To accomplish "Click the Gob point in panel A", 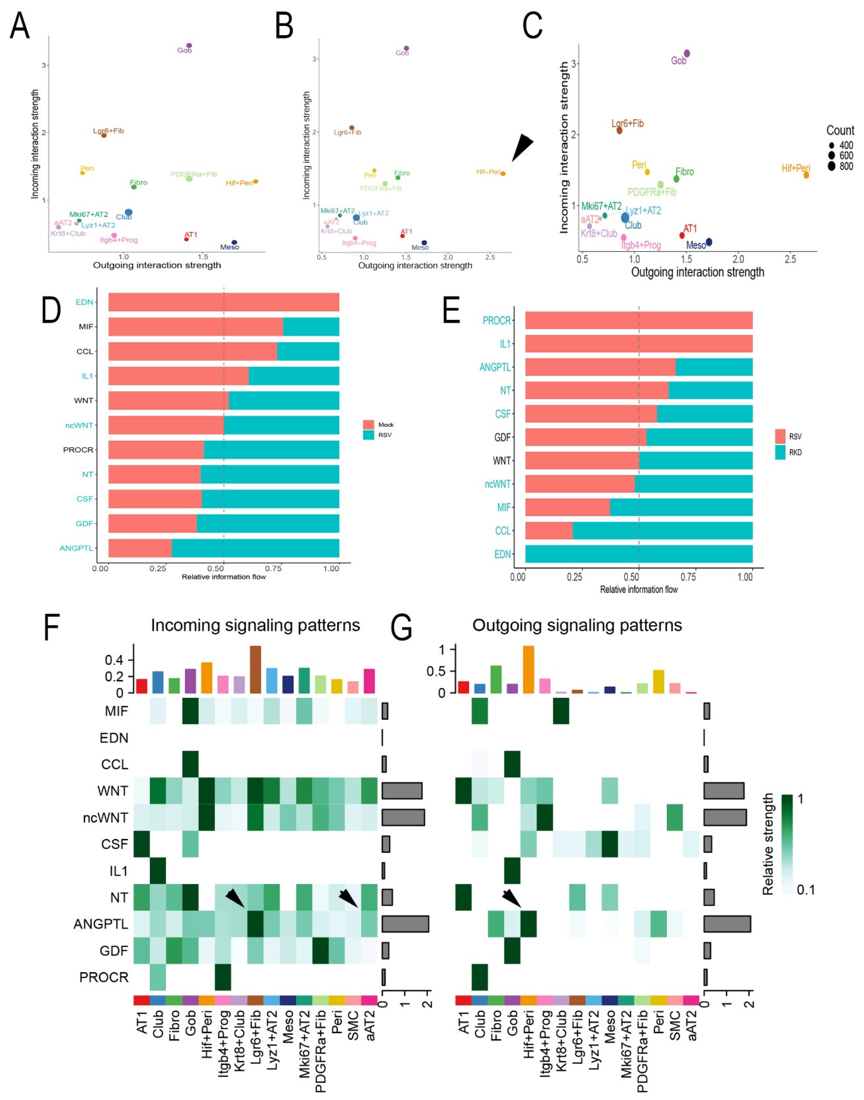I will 189,46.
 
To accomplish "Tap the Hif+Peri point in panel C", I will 806,175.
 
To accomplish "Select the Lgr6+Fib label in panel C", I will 627,123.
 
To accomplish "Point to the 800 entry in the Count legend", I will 846,166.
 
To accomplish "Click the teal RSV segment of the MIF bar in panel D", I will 311,327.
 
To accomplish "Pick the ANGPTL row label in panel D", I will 76,548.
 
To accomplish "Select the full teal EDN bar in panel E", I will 638,554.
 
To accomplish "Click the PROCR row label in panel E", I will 496,320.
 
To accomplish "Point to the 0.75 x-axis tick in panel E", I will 688,577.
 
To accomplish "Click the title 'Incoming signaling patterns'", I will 255,625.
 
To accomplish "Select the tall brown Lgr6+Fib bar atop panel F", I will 255,669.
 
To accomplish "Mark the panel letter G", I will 402,627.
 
